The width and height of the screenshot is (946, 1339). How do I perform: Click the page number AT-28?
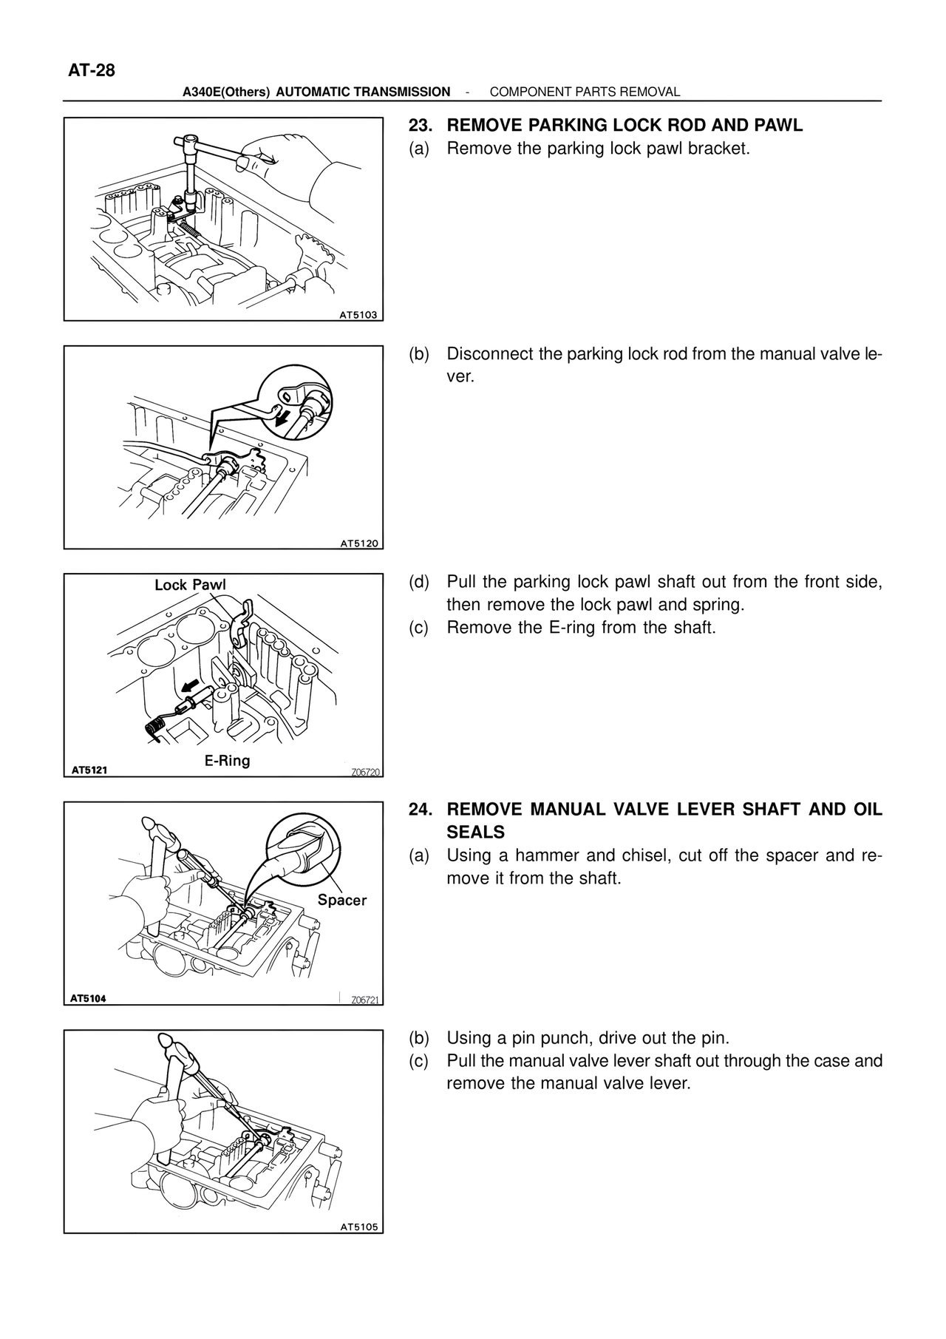tap(92, 71)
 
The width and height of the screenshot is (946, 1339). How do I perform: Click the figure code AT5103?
tap(358, 315)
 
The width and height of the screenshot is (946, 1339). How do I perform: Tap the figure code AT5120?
tap(358, 543)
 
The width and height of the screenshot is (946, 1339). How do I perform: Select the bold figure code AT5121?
tap(89, 770)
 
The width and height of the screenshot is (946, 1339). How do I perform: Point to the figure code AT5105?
tap(358, 1227)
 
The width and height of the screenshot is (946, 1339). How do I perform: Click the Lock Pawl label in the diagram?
tap(190, 585)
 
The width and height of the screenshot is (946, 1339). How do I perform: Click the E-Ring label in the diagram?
tap(227, 760)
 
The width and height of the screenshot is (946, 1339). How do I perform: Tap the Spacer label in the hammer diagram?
tap(341, 900)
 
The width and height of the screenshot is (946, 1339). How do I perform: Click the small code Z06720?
tap(365, 772)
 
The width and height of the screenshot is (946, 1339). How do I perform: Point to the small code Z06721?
tap(365, 1000)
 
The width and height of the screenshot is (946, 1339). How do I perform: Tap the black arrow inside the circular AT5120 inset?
tap(282, 418)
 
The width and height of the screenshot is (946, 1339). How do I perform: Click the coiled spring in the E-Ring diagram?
tap(154, 728)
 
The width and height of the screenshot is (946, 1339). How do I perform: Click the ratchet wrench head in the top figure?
tap(190, 140)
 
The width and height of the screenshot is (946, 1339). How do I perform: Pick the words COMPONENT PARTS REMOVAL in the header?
tap(585, 92)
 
